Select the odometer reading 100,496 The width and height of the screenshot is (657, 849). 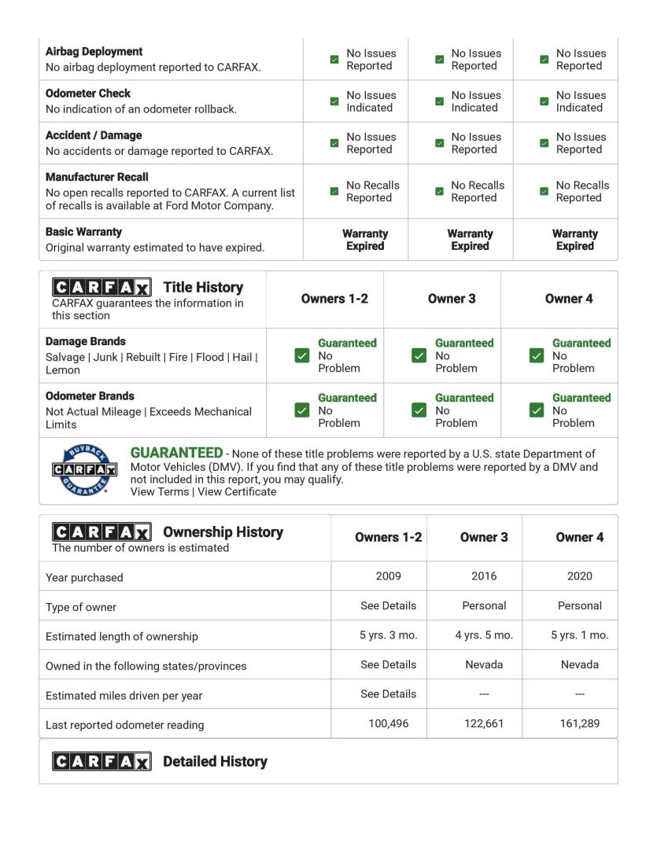coord(388,725)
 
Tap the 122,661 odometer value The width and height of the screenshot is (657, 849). coord(484,725)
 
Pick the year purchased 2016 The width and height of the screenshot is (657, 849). coord(484,576)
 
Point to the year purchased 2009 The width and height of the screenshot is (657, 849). coord(388,576)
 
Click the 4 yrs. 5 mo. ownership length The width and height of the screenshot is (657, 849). coord(484,635)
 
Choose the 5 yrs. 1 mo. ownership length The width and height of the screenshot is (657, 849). coord(580,635)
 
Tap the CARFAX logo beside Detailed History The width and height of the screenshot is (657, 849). coord(102,762)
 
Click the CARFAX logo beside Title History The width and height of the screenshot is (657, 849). coord(102,288)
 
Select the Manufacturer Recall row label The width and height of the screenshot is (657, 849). coord(97,177)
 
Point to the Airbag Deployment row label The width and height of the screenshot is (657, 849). coord(94,51)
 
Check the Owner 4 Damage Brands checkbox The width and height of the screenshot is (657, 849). coord(537,355)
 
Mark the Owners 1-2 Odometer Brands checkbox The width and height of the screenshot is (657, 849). coord(301,410)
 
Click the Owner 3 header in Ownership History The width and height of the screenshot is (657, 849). coord(484,538)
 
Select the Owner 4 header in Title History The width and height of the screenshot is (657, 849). coord(569,299)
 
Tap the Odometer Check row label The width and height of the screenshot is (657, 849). coord(88,93)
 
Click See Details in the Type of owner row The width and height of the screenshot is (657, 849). coord(388,605)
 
